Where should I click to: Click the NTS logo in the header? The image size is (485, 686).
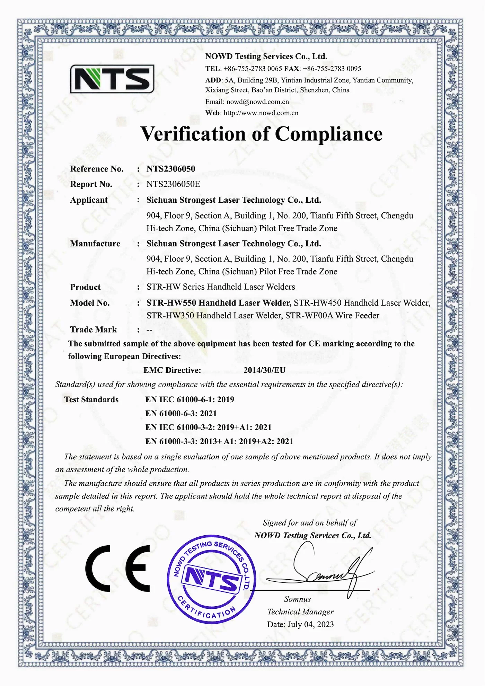tap(112, 79)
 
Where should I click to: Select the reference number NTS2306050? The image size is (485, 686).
tap(170, 169)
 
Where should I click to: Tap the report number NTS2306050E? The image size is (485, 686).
tap(173, 184)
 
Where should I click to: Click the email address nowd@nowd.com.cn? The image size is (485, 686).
tap(257, 102)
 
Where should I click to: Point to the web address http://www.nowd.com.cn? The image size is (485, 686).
tap(261, 113)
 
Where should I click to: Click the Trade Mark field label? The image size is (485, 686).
tap(93, 329)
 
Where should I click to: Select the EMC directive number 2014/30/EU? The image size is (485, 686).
tap(264, 370)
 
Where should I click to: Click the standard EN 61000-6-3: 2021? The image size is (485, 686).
tap(181, 414)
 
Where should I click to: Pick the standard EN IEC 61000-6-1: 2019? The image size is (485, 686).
tap(189, 400)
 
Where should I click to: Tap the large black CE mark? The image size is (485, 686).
tap(118, 569)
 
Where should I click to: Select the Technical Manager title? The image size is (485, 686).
tap(300, 612)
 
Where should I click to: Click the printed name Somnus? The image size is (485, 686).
tap(297, 599)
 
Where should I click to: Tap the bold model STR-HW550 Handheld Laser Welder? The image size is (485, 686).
tap(218, 303)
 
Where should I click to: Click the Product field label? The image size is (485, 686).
tap(85, 287)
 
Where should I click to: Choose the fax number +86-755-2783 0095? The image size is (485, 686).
tap(332, 69)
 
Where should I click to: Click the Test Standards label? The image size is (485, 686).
tap(91, 400)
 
